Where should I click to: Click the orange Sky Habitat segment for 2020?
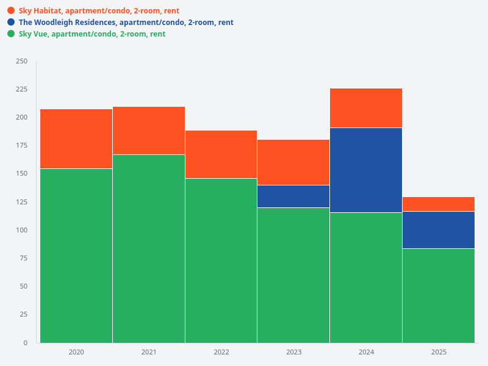tap(76, 138)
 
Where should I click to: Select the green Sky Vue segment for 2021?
tap(149, 248)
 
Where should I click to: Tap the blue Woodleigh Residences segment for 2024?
tap(366, 170)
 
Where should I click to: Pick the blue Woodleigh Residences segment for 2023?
tap(293, 196)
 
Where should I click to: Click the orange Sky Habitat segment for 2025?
tap(439, 204)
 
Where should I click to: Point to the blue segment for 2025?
tap(439, 230)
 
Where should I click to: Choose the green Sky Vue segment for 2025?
tap(439, 295)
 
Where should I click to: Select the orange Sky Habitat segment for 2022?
tap(221, 154)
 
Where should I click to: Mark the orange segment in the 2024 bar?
tap(366, 108)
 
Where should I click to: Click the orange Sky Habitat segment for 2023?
tap(293, 162)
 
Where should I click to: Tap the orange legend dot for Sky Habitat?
tap(11, 10)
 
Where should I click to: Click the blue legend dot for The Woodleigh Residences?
tap(11, 22)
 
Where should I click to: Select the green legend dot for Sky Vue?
tap(11, 34)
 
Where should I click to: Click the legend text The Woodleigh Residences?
tap(67, 23)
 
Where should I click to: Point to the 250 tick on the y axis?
tap(21, 61)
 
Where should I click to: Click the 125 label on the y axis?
tap(21, 202)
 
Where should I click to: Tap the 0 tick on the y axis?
tap(25, 343)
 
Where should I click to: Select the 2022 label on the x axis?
tap(221, 352)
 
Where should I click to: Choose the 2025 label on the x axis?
tap(439, 352)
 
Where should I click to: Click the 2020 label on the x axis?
tap(76, 352)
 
